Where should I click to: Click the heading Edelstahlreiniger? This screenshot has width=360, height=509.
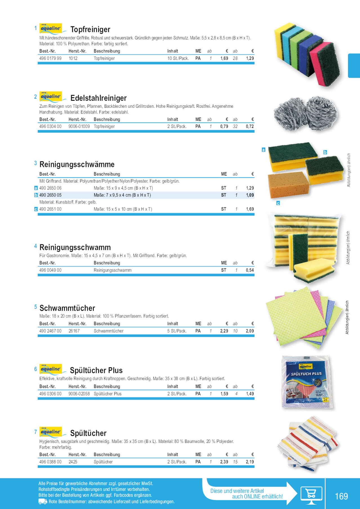tap(98, 98)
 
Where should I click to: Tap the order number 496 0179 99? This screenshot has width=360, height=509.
tap(50, 58)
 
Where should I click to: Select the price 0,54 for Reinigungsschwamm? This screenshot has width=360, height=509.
tap(250, 270)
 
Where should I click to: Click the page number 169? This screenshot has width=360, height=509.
tap(341, 496)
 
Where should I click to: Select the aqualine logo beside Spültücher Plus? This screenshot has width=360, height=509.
tap(51, 369)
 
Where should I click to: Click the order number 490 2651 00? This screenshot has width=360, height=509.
tap(50, 209)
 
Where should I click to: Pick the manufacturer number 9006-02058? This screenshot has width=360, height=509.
tap(79, 394)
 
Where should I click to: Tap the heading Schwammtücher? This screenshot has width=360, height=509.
tap(67, 308)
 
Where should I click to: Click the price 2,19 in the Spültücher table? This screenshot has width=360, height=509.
tap(250, 462)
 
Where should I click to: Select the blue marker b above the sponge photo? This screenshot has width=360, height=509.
tap(325, 152)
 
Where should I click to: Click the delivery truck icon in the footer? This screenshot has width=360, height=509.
tap(43, 501)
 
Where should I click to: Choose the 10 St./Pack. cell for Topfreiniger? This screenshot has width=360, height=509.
tap(178, 58)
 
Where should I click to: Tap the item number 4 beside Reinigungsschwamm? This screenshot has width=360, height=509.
tap(35, 246)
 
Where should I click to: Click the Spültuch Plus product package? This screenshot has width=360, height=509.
tap(307, 382)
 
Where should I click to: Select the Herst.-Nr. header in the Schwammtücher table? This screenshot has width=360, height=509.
tap(77, 324)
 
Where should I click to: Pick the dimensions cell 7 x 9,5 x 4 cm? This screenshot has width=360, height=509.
tap(122, 195)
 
